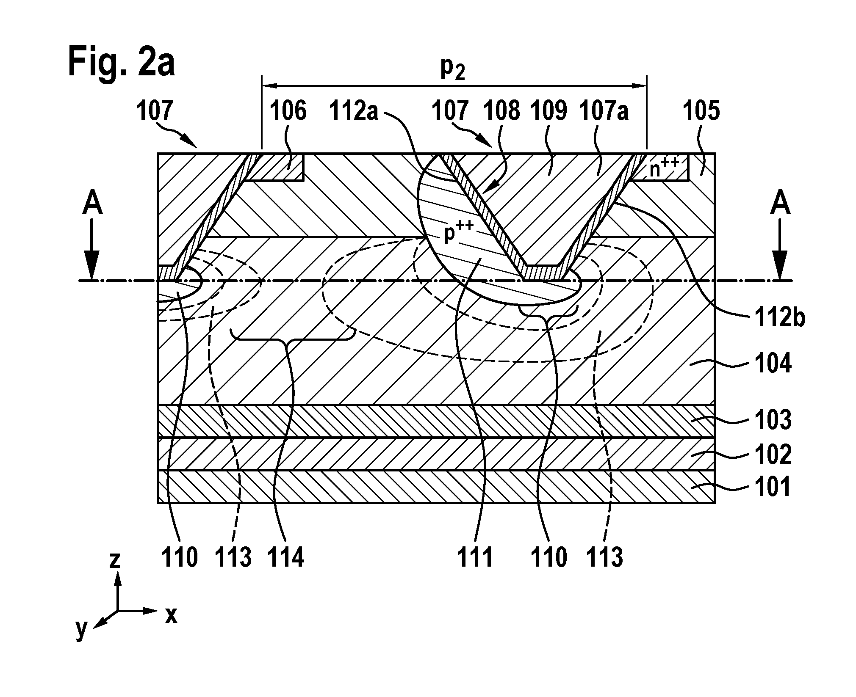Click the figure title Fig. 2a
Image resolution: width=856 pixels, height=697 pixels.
tap(121, 62)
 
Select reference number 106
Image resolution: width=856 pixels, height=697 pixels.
tap(288, 112)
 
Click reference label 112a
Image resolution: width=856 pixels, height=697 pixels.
tap(354, 112)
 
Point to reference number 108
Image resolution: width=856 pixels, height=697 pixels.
tap(501, 112)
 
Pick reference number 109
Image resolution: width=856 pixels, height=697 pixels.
tap(548, 112)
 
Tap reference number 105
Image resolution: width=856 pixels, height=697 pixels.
tap(701, 112)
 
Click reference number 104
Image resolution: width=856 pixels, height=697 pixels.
tap(773, 364)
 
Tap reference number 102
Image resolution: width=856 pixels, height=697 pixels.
tap(773, 454)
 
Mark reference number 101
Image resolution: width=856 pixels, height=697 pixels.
tap(773, 487)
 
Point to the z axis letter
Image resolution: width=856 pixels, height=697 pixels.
tap(115, 560)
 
